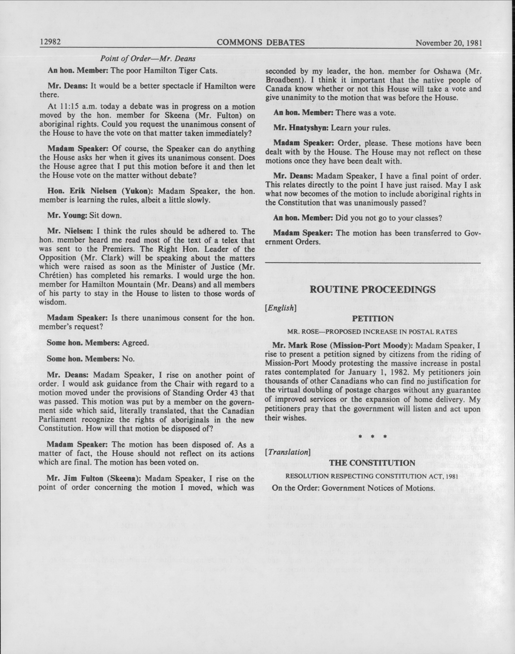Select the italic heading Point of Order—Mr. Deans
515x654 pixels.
tap(148, 58)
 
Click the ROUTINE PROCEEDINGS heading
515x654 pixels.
tap(373, 290)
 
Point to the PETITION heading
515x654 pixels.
tap(373, 319)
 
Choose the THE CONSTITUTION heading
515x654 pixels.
tap(373, 463)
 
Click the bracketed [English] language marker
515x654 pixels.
tap(280, 308)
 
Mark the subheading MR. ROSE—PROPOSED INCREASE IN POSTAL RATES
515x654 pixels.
tap(373, 332)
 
